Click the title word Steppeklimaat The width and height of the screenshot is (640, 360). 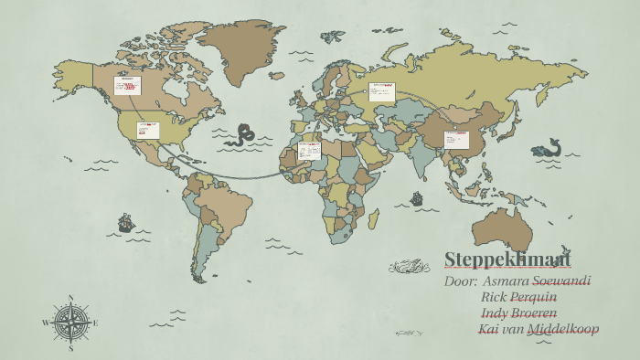click(x=507, y=259)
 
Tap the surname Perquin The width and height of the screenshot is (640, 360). click(x=533, y=297)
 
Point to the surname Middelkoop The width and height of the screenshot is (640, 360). click(x=563, y=329)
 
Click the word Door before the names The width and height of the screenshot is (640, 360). click(x=460, y=281)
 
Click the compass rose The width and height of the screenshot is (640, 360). click(x=70, y=323)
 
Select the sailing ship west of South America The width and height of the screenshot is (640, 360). click(x=126, y=222)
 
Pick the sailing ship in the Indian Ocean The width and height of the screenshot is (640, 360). click(x=417, y=198)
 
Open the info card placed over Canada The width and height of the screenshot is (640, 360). click(x=127, y=85)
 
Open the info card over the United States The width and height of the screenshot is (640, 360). click(x=148, y=131)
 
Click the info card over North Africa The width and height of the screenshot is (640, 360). click(x=309, y=150)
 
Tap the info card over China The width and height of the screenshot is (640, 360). click(x=456, y=140)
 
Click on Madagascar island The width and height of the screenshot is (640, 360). click(x=374, y=218)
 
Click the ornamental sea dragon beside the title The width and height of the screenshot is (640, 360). click(x=408, y=267)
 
